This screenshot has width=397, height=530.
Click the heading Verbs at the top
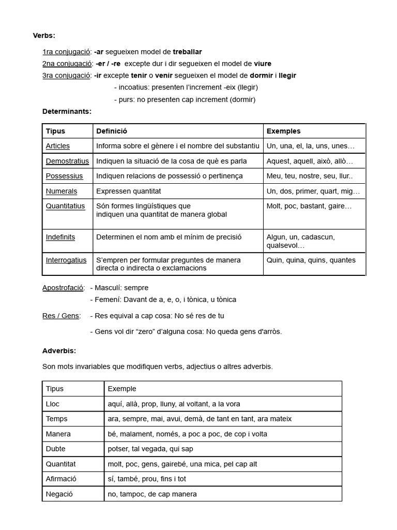44,35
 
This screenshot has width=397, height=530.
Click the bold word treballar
184,52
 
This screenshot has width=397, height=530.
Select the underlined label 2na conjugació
67,64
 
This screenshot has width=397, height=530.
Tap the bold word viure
263,64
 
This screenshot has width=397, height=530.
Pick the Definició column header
112,131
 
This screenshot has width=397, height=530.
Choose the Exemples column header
283,131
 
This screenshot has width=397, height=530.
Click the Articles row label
58,146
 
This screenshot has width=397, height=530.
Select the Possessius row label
64,176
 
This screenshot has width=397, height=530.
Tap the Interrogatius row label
66,260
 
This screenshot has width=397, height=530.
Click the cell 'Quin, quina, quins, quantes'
311,260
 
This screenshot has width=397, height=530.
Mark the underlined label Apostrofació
64,287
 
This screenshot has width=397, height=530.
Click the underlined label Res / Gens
61,316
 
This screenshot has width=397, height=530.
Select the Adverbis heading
59,350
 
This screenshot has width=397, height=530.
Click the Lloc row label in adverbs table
53,404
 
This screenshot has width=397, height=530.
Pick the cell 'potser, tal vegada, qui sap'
150,449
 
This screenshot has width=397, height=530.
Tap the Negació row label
59,494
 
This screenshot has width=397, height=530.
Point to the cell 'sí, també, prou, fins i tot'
147,479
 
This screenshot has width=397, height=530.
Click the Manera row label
58,434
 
